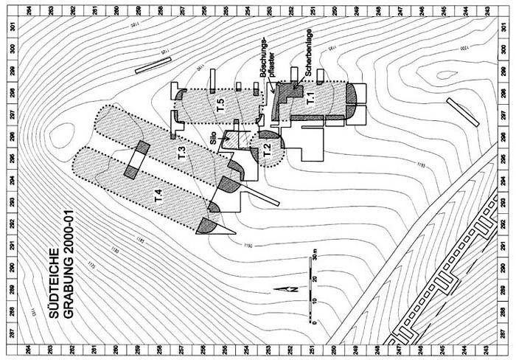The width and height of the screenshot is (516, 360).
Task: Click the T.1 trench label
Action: tap(310, 98)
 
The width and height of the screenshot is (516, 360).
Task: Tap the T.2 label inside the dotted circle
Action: tap(267, 150)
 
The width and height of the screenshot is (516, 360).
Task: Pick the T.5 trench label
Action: tap(219, 106)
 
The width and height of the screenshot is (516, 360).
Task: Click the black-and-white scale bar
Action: tap(312, 291)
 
